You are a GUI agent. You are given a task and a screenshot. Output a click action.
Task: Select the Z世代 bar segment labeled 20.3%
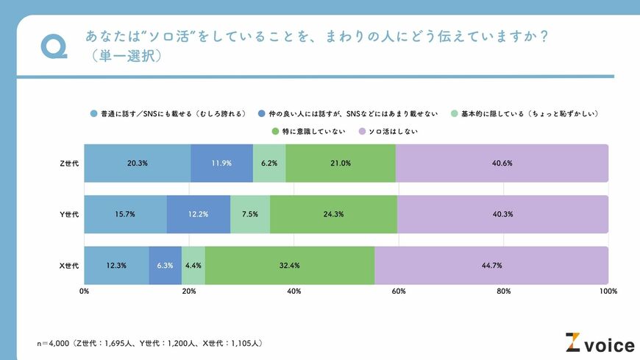(137, 163)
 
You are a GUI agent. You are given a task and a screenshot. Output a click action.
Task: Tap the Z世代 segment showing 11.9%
(221, 163)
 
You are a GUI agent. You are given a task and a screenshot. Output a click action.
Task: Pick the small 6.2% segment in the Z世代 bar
(269, 163)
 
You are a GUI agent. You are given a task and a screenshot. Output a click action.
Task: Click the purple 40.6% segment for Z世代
(502, 163)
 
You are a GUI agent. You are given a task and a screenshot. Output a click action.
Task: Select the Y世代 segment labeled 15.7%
(125, 214)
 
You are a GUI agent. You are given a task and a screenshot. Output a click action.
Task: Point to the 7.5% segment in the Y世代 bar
(250, 214)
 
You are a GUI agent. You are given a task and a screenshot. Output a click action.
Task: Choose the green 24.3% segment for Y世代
(333, 214)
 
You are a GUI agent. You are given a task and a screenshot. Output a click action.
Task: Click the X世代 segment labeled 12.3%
(116, 265)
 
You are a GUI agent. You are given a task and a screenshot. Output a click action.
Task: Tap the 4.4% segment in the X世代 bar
(193, 265)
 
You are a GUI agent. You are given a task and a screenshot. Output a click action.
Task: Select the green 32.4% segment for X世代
(290, 265)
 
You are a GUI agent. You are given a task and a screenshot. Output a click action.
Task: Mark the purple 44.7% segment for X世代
(491, 265)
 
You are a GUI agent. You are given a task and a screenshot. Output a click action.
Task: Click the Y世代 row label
(70, 214)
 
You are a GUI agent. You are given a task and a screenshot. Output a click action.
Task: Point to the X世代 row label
(70, 265)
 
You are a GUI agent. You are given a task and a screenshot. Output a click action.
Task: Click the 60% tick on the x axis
(399, 292)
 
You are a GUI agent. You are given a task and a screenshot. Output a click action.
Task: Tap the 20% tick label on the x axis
(189, 292)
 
